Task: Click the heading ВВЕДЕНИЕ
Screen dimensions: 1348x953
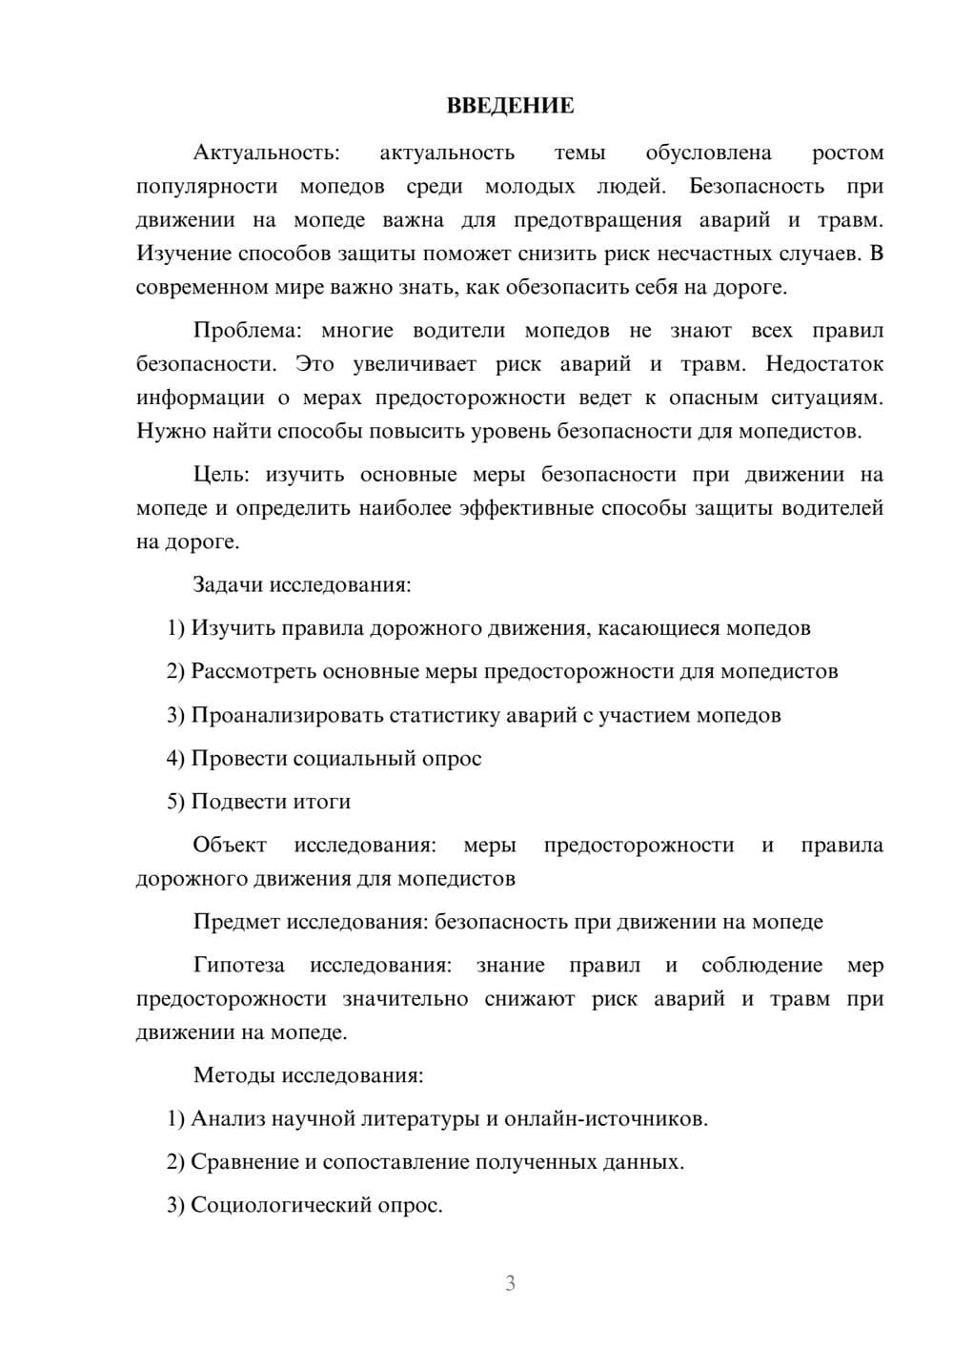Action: coord(510,106)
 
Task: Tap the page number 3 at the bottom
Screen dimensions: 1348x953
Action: coord(510,1283)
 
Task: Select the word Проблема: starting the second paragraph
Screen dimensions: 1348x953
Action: coord(247,331)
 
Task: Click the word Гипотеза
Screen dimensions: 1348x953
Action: coord(238,966)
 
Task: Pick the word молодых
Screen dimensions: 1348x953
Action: coord(529,187)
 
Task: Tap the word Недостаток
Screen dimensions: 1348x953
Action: coord(824,364)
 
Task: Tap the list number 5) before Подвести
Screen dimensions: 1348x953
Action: coord(175,802)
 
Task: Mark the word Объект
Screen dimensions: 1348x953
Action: coord(230,846)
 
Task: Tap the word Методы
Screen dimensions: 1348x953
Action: coord(233,1075)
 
